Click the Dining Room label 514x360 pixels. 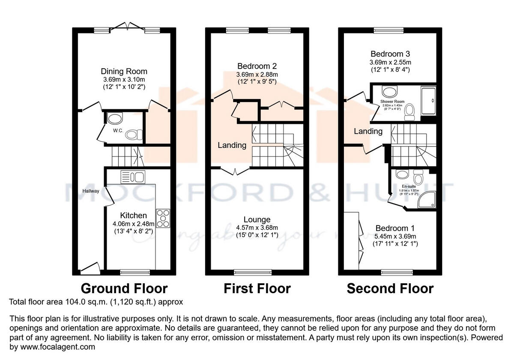point(124,71)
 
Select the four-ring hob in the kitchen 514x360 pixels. point(164,218)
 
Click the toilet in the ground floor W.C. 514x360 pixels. point(134,135)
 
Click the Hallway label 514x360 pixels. point(91,191)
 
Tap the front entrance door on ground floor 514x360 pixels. point(90,270)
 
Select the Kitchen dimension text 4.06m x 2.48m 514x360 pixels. point(133,224)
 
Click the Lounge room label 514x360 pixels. point(257,219)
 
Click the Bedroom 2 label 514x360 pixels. point(257,66)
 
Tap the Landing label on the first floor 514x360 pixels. point(232,145)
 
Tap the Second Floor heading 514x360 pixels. point(390,288)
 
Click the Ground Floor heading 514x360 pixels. point(124,288)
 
